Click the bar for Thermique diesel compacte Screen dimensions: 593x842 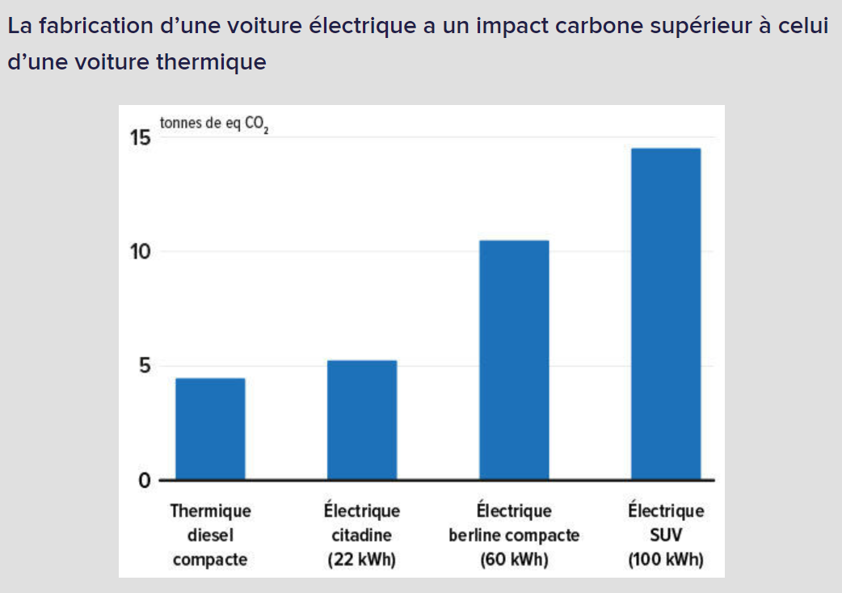pyautogui.click(x=210, y=428)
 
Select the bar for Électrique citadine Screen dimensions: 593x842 pyautogui.click(x=362, y=419)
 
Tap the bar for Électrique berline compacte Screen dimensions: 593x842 pyautogui.click(x=514, y=360)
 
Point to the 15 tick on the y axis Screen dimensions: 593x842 pyautogui.click(x=140, y=138)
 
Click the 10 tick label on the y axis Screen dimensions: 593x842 pyautogui.click(x=140, y=251)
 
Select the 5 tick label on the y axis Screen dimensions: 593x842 pyautogui.click(x=143, y=366)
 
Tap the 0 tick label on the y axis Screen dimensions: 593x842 pyautogui.click(x=144, y=481)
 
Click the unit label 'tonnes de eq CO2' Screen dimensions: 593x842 pyautogui.click(x=214, y=125)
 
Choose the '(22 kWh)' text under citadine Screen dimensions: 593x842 pyautogui.click(x=362, y=559)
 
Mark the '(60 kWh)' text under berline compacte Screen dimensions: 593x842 pyautogui.click(x=514, y=559)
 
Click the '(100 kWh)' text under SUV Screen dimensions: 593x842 pyautogui.click(x=666, y=559)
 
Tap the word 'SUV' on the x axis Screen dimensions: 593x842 pyautogui.click(x=666, y=535)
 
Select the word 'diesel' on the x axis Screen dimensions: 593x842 pyautogui.click(x=210, y=535)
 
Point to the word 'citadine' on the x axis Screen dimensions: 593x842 pyautogui.click(x=362, y=535)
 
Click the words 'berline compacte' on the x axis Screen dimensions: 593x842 pyautogui.click(x=514, y=535)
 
